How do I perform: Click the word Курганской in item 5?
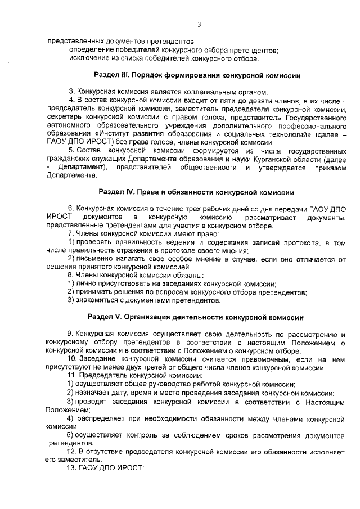(x=273, y=159)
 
